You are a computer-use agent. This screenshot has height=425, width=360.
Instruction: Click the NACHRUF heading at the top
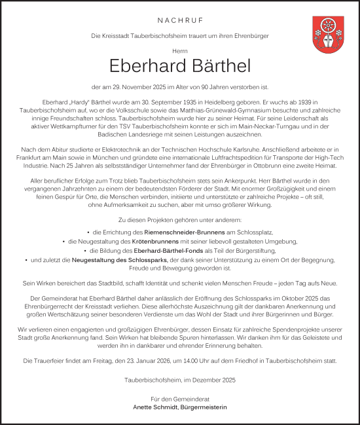pos(180,20)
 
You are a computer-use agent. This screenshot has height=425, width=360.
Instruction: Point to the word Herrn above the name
pos(180,48)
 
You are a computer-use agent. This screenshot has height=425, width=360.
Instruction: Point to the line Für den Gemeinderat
pos(179,398)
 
